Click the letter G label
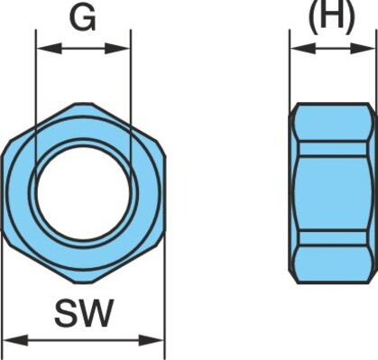point(83,18)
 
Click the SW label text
point(84,313)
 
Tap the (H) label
point(332,16)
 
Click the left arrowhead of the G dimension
point(49,49)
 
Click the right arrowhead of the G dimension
point(117,49)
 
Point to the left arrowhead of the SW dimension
point(15,340)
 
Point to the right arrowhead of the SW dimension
point(152,340)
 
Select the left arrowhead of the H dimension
point(303,48)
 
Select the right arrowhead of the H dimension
point(364,48)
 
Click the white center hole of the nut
point(84,192)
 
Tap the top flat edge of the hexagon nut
point(83,104)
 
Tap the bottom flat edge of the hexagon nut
point(83,282)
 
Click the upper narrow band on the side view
point(333,148)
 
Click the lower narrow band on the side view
point(333,238)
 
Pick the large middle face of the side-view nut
point(333,193)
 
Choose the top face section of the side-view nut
point(333,122)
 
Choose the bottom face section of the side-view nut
point(333,264)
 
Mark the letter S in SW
point(66,313)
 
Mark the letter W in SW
point(97,313)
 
